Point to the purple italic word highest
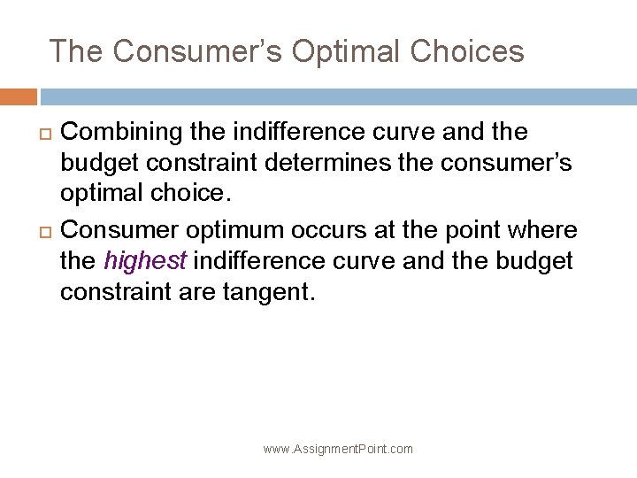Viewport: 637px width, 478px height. pos(144,262)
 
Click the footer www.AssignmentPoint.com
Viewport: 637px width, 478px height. pos(338,449)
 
